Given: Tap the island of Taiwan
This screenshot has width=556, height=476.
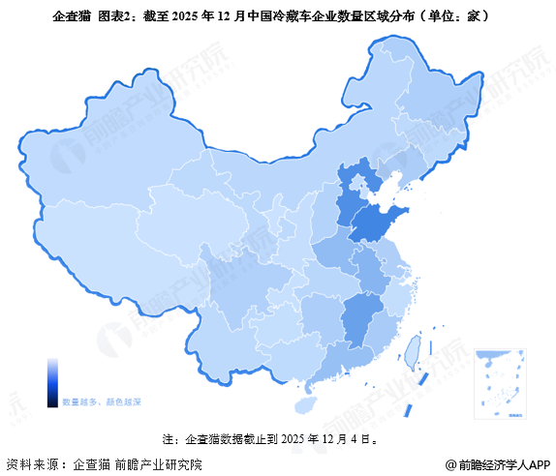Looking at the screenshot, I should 410,351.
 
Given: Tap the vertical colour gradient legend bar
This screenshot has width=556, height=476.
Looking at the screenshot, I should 52,381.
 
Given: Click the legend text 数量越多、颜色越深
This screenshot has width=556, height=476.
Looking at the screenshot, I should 102,400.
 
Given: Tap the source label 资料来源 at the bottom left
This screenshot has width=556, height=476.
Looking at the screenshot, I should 34,463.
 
